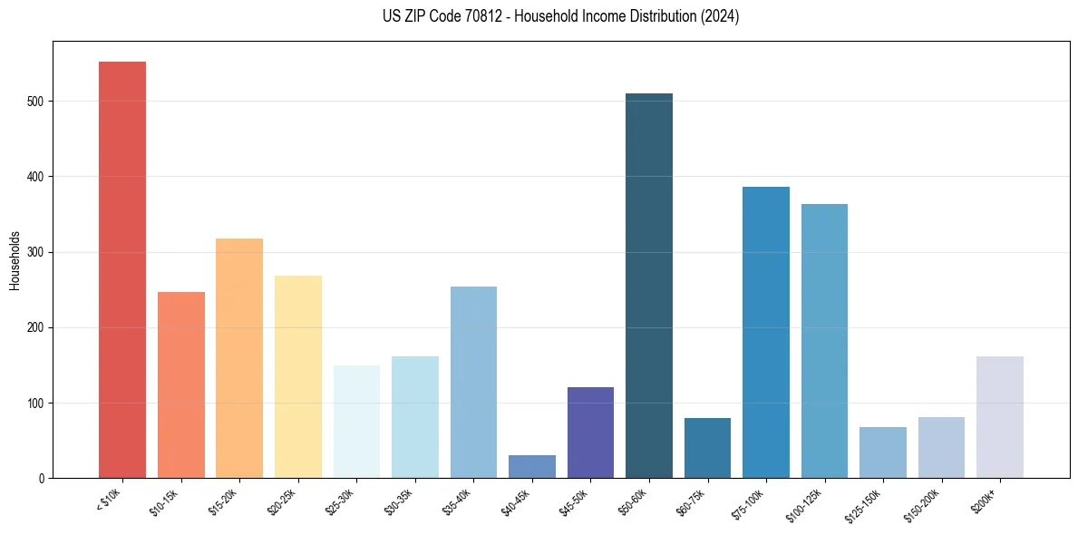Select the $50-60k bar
tap(649, 286)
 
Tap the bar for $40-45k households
tap(532, 466)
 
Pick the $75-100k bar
tap(766, 332)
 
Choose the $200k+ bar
tap(1000, 417)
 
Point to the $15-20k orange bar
tap(239, 358)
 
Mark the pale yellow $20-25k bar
tap(298, 376)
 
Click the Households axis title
tap(15, 260)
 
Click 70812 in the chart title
tap(468, 16)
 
